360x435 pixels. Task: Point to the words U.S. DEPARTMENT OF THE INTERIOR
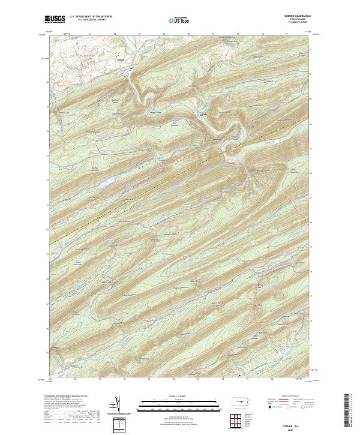[x=91, y=16]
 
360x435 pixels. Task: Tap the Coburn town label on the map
[x=120, y=59]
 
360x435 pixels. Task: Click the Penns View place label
[x=155, y=110]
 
